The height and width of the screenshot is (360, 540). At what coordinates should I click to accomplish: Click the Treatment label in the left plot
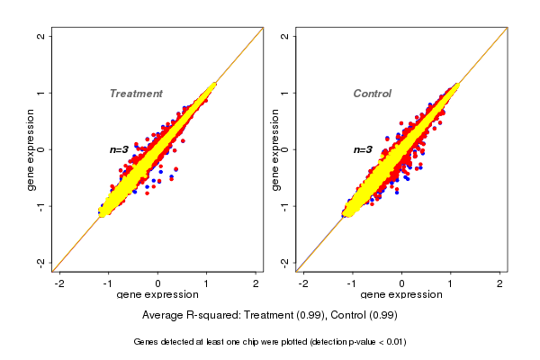click(x=136, y=94)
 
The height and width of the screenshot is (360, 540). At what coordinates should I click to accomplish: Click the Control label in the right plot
click(x=373, y=94)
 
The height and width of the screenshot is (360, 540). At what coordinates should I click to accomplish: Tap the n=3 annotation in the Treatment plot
click(x=121, y=149)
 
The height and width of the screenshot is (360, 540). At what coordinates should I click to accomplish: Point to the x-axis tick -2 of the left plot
click(x=59, y=283)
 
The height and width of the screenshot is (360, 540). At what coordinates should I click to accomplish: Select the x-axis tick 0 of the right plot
click(x=401, y=283)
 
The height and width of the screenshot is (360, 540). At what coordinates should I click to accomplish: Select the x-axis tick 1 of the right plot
click(x=451, y=283)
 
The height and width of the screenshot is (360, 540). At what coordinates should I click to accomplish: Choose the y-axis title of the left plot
click(x=31, y=149)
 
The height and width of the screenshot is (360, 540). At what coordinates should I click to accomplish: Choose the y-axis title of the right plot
click(x=274, y=149)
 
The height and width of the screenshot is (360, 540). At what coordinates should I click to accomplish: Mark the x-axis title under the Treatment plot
click(x=158, y=296)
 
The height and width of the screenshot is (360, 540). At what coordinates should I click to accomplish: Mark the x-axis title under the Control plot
click(x=401, y=296)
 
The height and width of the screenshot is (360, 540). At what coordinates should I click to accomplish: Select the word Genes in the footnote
click(x=148, y=342)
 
